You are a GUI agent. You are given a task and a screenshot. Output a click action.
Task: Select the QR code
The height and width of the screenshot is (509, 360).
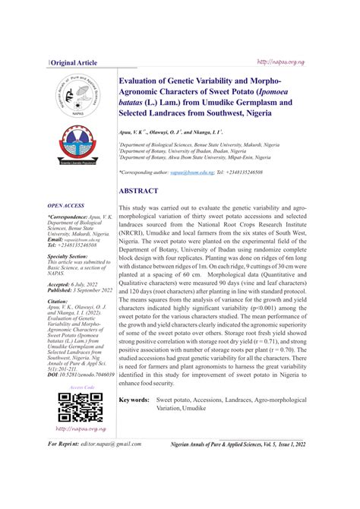click(x=74, y=408)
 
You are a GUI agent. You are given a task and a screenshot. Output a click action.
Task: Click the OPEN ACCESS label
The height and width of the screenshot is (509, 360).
click(x=66, y=206)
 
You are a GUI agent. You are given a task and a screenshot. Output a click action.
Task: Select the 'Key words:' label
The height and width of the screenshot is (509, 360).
click(x=134, y=400)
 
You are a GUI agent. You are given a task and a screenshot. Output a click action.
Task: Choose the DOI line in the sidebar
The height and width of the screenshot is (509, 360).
click(x=81, y=375)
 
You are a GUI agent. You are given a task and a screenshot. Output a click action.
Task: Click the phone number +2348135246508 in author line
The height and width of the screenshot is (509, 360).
click(x=242, y=172)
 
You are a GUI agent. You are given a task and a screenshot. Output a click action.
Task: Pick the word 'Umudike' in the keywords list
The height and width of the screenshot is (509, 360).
click(x=194, y=409)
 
